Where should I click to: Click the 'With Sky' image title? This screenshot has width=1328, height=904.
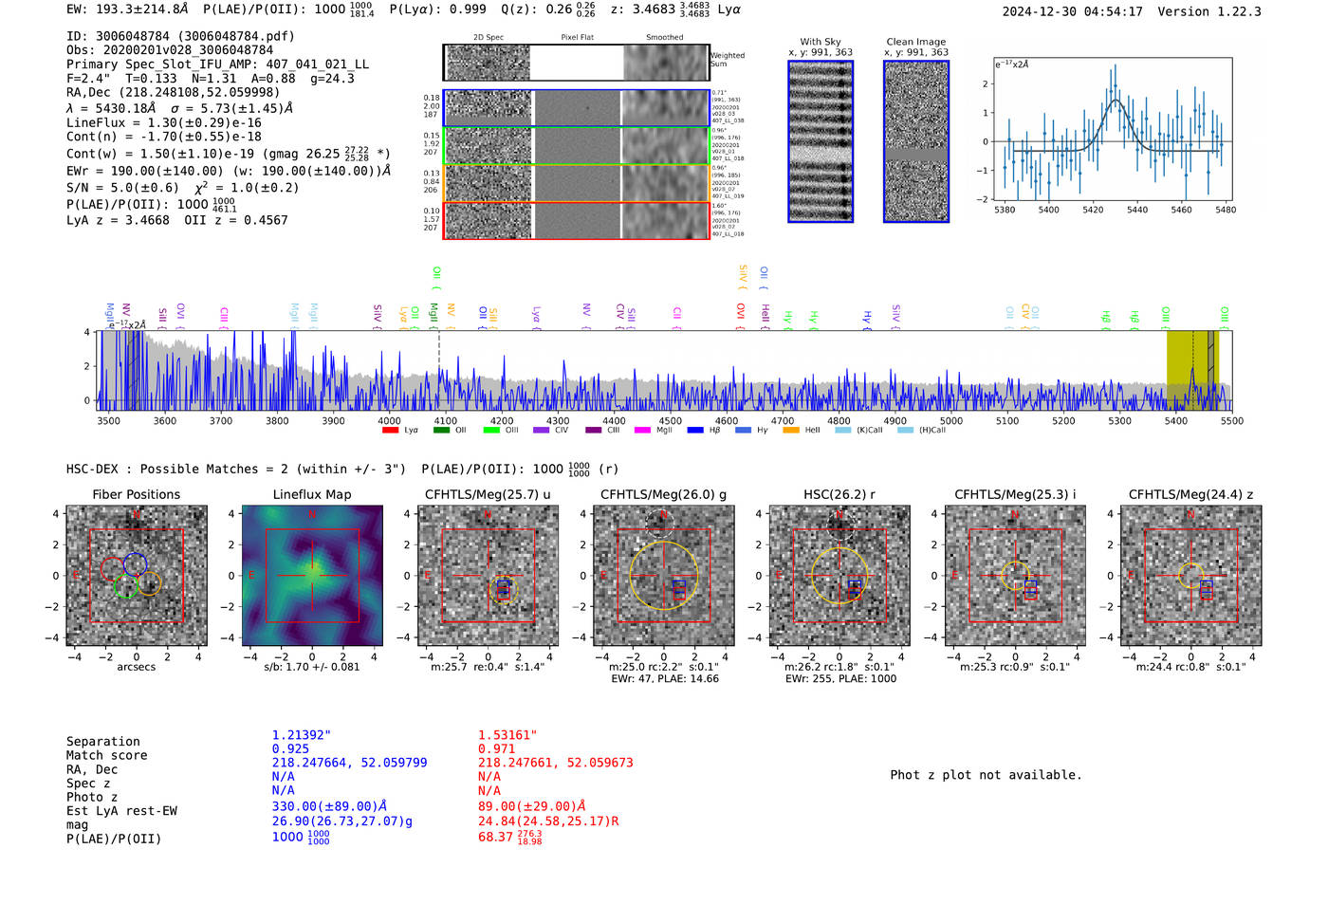pos(821,42)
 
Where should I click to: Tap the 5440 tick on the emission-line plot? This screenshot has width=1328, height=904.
pos(1137,210)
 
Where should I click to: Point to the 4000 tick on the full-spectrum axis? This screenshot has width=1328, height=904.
pos(389,421)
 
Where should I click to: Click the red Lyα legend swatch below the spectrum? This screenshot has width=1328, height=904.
pos(390,431)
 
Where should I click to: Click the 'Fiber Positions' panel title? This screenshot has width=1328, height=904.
pos(136,495)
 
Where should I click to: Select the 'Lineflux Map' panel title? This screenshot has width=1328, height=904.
pos(312,495)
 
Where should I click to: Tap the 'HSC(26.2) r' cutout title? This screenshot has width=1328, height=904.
pos(839,495)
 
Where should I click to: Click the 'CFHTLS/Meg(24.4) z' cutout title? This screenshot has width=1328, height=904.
pos(1190,495)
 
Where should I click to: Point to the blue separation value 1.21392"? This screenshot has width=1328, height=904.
pos(302,735)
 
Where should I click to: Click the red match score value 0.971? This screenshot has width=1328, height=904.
pos(497,749)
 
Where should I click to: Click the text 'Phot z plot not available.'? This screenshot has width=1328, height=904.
pos(986,775)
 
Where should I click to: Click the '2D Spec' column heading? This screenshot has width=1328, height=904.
pos(489,38)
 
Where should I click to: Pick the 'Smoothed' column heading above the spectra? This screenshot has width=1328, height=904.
pos(664,38)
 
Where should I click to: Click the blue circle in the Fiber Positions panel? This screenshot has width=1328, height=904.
pos(135,563)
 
